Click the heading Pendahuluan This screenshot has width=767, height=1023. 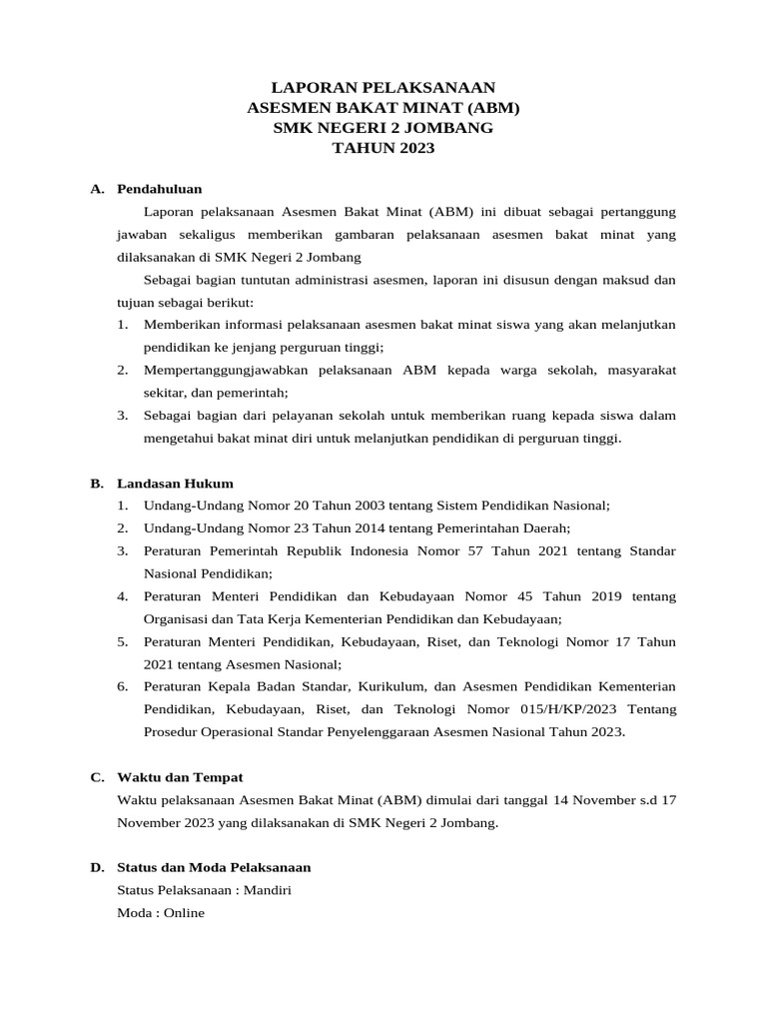tap(159, 188)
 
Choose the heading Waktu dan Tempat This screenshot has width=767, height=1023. tap(180, 776)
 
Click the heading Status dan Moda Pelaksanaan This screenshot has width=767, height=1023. tap(214, 866)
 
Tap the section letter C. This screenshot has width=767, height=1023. tap(96, 776)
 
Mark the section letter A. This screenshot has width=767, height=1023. tap(96, 188)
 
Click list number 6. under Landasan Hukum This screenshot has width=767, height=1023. tap(123, 685)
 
